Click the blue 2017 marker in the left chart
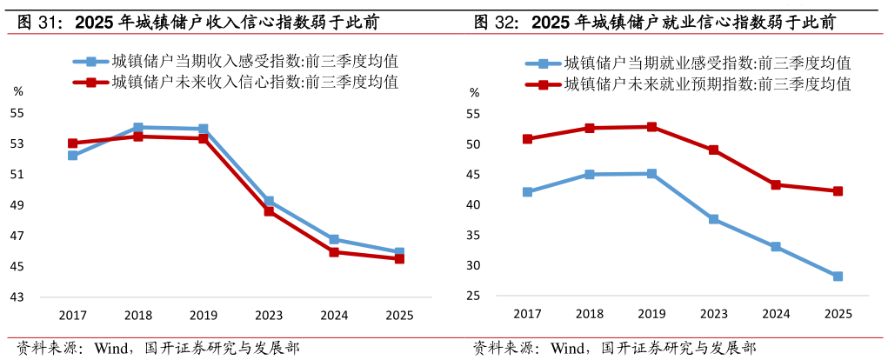point(73,156)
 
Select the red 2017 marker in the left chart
point(73,143)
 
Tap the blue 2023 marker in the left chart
point(269,201)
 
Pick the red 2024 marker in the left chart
point(334,252)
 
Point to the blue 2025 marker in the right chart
point(838,277)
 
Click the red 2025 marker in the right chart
point(838,191)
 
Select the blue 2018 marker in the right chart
point(590,175)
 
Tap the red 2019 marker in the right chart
point(652,127)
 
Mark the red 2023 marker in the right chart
point(714,150)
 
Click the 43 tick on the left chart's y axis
point(17,297)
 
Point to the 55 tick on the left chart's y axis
point(17,113)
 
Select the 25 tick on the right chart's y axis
point(474,297)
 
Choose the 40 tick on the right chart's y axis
point(474,205)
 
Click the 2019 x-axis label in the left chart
point(204,315)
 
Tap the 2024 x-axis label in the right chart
point(776,314)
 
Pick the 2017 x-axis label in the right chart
point(527,314)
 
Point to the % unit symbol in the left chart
point(17,90)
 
